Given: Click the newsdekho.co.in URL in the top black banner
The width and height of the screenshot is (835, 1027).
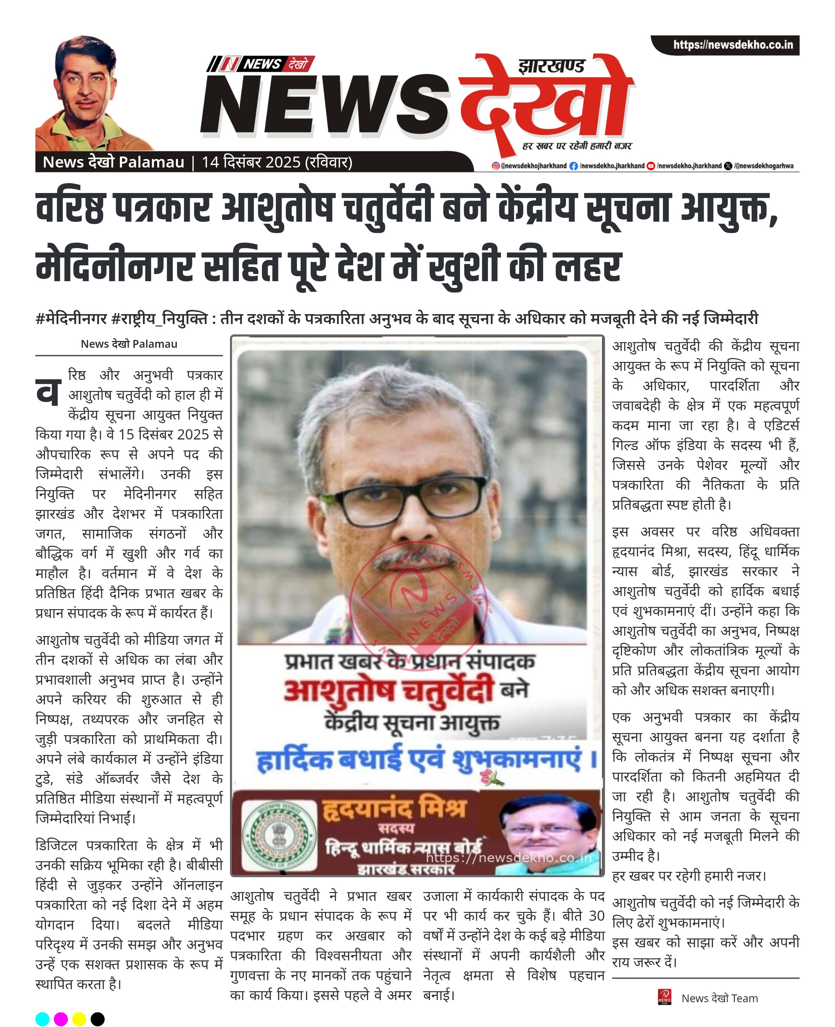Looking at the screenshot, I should [x=732, y=45].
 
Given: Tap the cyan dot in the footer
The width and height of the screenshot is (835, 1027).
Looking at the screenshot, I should [x=42, y=1019].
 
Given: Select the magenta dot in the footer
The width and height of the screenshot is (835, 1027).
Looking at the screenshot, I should [x=61, y=1019].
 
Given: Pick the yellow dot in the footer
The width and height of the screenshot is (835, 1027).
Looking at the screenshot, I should [x=79, y=1019].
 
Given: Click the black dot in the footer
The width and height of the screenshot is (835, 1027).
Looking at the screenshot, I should [x=98, y=1019].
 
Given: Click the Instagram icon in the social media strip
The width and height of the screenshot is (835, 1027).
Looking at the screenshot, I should [x=495, y=166].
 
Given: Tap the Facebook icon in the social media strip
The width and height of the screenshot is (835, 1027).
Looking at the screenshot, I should [x=573, y=166].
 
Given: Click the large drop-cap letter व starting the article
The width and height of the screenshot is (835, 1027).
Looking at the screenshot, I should [x=48, y=391].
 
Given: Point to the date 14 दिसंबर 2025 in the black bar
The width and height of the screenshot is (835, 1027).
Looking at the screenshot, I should [x=250, y=162].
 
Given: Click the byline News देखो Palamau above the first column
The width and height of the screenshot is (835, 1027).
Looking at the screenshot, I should [x=129, y=344].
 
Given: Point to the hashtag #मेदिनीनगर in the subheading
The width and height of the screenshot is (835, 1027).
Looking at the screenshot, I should [x=71, y=319].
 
